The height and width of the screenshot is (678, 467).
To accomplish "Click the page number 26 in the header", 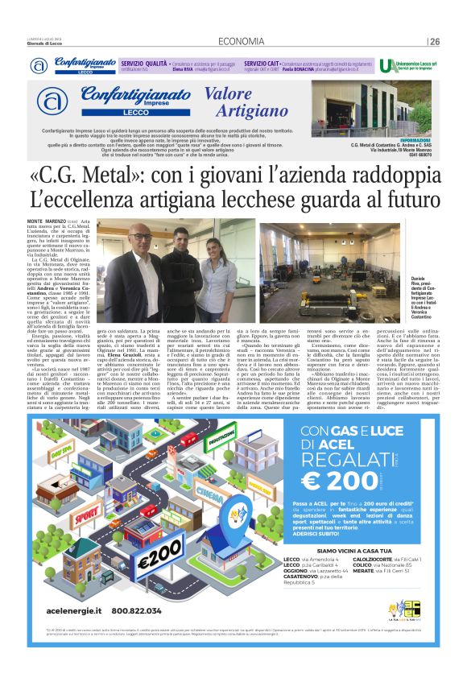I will coord(434,42).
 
